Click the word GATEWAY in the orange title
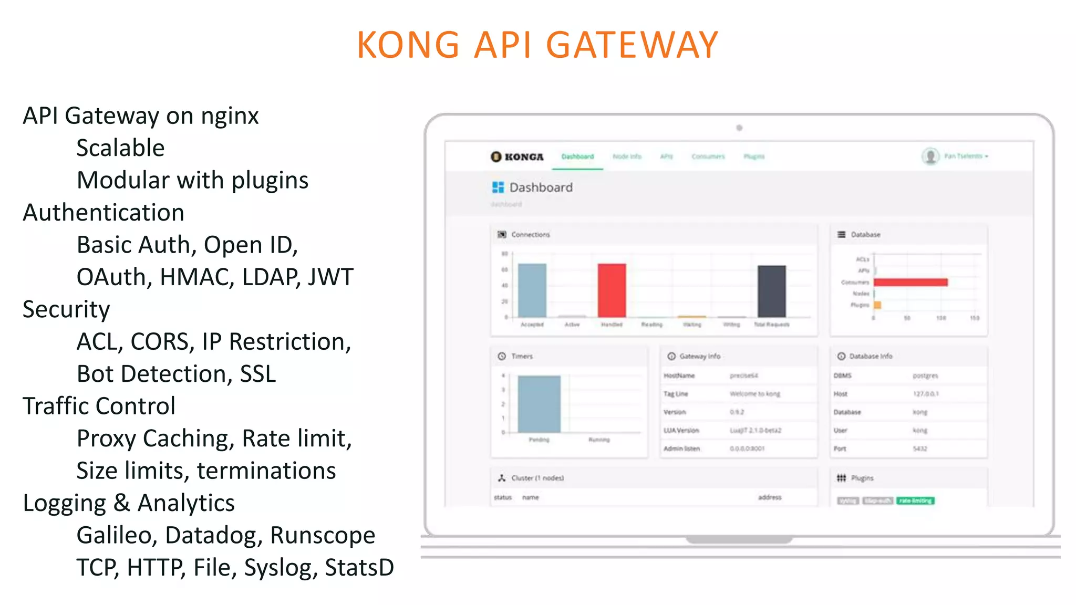632,45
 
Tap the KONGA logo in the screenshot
517,157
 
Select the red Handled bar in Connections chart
612,290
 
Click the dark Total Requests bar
771,291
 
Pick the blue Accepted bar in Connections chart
532,290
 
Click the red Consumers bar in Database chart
911,283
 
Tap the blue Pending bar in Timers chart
539,404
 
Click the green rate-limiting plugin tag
915,500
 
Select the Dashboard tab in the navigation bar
577,157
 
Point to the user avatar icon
930,156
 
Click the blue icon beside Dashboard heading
498,187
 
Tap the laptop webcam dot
739,128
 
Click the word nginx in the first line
230,116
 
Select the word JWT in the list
330,277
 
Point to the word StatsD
359,568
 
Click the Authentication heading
104,213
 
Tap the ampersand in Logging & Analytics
122,503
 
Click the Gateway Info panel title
700,356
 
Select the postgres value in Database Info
925,375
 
